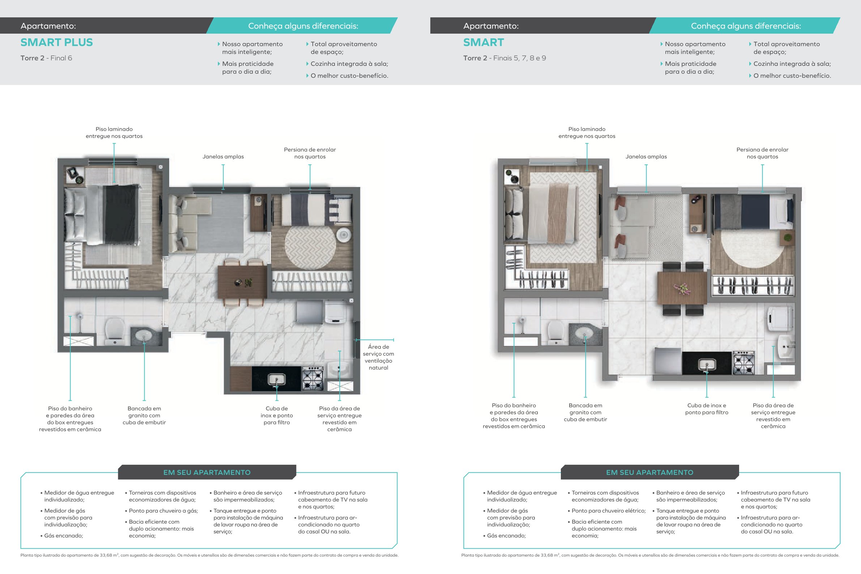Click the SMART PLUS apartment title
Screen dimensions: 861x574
coord(57,42)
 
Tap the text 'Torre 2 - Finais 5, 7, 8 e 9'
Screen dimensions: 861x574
coord(504,58)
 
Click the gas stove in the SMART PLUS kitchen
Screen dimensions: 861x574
coord(312,378)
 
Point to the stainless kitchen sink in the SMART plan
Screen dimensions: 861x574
coord(707,364)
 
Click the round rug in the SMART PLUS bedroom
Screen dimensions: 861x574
coord(310,247)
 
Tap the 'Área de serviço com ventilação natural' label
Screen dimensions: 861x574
coord(378,357)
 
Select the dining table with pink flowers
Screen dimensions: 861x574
coord(682,288)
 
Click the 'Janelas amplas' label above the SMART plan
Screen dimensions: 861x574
coord(646,157)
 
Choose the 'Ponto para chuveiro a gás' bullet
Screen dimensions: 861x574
coord(161,511)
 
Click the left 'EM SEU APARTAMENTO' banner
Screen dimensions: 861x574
coord(207,472)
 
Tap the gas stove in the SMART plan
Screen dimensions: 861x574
coord(743,362)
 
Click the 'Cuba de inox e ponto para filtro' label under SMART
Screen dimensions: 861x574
coord(707,409)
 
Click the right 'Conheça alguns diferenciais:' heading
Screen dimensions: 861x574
coord(746,26)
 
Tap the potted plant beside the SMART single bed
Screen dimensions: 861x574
coord(788,238)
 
